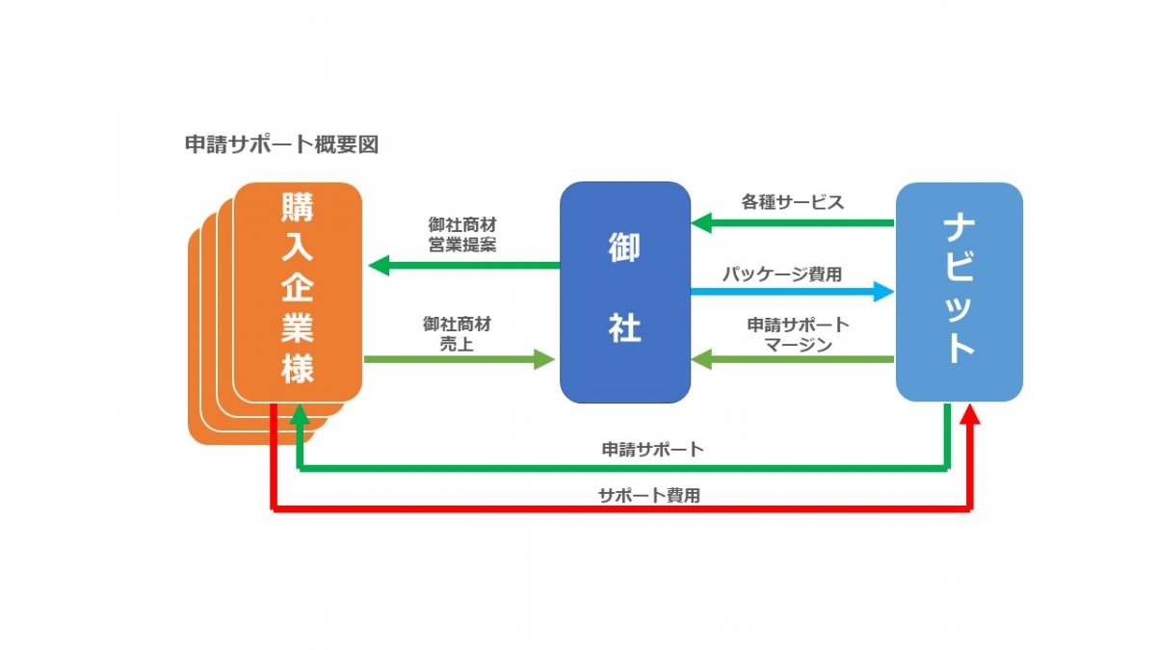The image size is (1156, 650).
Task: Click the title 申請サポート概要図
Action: pos(281,145)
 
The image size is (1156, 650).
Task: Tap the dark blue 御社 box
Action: pos(625,292)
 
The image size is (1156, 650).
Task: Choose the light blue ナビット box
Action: pos(959,292)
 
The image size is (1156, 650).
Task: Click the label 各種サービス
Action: pos(792,202)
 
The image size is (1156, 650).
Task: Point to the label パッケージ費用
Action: pos(782,273)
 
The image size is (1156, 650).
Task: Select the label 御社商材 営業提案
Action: pos(462,234)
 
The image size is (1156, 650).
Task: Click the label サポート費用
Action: pos(648,496)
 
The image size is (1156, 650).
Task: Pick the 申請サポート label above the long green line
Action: pos(652,449)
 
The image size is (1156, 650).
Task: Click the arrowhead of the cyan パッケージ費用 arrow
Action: pos(884,291)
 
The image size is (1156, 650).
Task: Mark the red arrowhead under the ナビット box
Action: pos(970,415)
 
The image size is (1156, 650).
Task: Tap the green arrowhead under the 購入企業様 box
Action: pos(300,415)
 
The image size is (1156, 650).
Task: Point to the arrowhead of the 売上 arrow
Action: pos(545,360)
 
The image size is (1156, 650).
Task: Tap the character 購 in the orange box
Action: pos(298,208)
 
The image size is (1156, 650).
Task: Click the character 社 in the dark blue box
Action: pos(624,329)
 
